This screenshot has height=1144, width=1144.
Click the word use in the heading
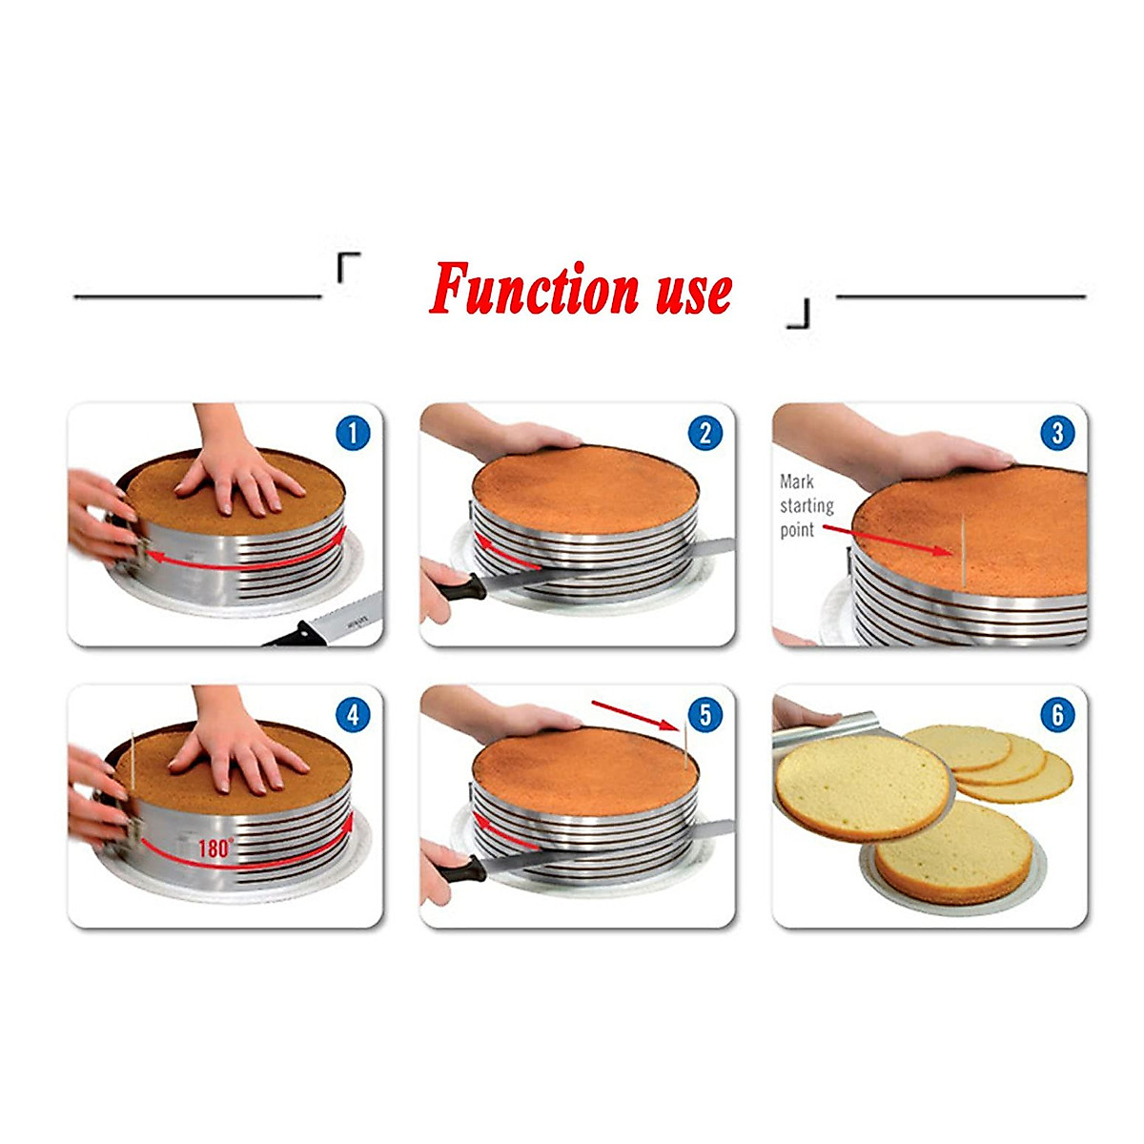[x=694, y=290]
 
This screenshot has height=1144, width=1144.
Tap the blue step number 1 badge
[x=353, y=434]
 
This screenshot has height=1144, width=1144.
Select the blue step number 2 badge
[x=705, y=434]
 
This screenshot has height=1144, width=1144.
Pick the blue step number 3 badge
[x=1057, y=434]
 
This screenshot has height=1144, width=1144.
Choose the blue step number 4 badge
[x=353, y=714]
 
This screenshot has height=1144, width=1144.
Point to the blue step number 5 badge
[x=705, y=714]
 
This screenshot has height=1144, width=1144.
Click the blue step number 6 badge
[x=1057, y=714]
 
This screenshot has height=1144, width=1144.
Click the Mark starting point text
[x=807, y=506]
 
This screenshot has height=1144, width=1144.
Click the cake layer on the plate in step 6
[x=953, y=853]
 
